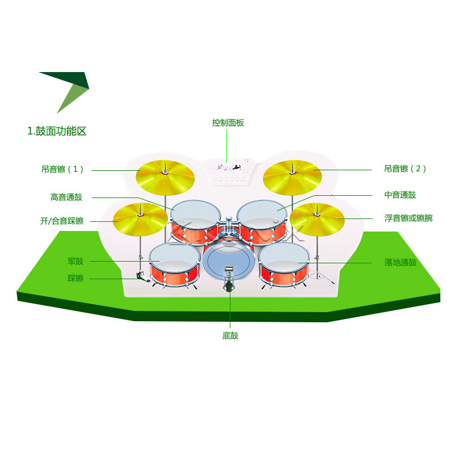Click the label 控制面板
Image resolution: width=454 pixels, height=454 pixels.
tap(228, 123)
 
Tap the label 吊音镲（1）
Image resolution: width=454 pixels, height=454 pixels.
tap(62, 169)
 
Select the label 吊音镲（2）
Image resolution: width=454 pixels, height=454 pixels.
tap(405, 169)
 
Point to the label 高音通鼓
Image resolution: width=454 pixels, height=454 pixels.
tap(66, 197)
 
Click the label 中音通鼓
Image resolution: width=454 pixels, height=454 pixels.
tap(400, 195)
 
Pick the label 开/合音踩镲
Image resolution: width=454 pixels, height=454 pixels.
tap(62, 221)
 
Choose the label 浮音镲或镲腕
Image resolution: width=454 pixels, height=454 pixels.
tap(408, 217)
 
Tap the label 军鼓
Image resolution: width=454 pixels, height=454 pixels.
tap(75, 261)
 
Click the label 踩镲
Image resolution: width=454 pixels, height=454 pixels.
tap(75, 278)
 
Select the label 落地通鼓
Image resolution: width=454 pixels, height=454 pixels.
tap(400, 262)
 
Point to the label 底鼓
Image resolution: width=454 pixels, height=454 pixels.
tap(230, 335)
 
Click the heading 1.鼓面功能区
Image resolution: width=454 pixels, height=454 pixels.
tap(57, 131)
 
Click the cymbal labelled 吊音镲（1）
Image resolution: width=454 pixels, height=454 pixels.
tap(165, 175)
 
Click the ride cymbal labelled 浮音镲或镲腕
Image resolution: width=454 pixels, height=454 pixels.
tap(317, 217)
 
